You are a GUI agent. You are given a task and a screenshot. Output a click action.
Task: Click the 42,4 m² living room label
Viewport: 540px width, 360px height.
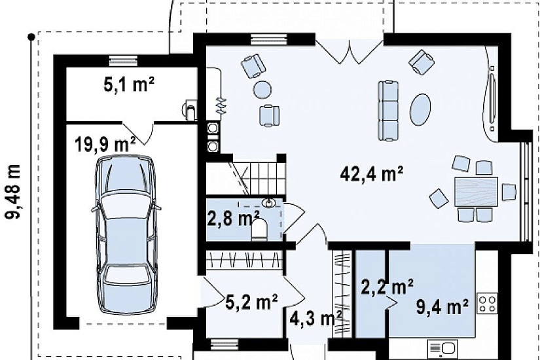(372, 174)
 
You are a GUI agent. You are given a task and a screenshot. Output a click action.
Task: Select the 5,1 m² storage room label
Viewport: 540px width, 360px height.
(129, 84)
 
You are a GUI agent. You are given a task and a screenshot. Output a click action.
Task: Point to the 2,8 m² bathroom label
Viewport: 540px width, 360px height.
(233, 218)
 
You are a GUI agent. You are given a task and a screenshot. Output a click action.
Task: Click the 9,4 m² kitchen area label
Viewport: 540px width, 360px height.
(442, 306)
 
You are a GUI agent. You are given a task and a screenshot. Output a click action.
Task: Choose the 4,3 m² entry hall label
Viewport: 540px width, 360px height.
(315, 319)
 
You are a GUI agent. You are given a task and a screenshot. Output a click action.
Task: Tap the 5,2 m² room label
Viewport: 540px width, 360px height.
(252, 302)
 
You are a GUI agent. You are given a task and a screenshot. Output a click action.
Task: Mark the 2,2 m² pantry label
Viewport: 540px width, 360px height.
(387, 287)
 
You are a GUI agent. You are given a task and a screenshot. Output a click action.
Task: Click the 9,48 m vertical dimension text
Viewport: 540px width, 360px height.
(13, 192)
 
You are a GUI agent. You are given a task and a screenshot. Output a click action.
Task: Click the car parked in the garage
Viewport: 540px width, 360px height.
(126, 234)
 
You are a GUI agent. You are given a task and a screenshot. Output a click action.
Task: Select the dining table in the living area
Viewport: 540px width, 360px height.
(476, 192)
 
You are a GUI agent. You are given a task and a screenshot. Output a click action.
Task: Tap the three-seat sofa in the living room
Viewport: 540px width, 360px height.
(388, 111)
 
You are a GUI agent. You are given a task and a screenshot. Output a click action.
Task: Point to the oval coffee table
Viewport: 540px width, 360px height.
(420, 109)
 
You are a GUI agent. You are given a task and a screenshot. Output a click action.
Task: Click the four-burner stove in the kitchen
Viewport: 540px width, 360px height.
(488, 304)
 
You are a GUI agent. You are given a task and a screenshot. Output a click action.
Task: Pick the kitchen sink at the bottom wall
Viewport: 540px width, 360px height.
(443, 350)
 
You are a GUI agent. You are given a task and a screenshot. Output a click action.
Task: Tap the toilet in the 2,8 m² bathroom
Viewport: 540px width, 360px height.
(259, 230)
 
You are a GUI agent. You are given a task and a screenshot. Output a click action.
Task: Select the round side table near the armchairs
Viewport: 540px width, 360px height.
(262, 90)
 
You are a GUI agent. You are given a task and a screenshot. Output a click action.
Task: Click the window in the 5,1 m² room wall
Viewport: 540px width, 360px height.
(123, 61)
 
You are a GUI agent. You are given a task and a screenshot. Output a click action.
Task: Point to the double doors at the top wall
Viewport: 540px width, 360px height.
(350, 52)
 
